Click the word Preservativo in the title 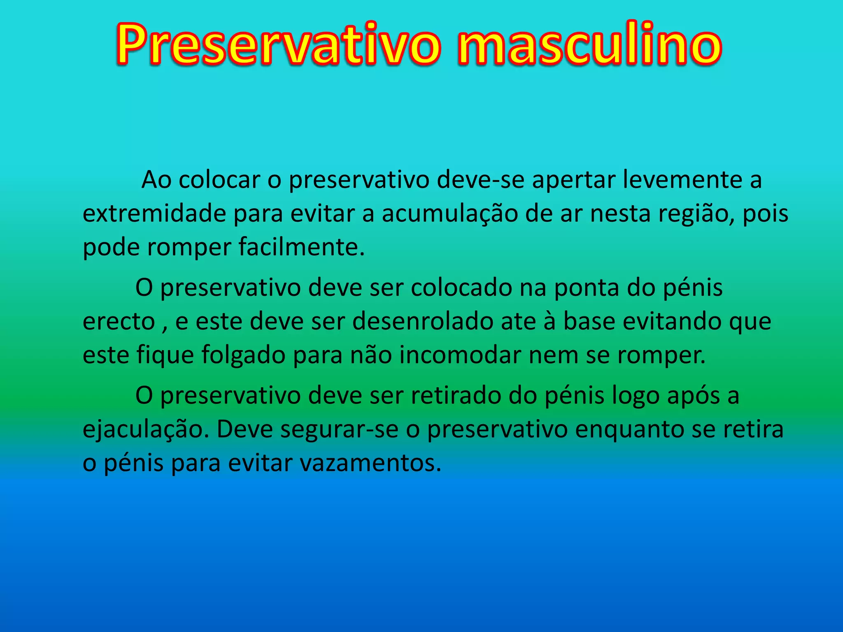coord(278,44)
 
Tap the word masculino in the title coord(589,44)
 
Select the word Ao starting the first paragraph coord(156,180)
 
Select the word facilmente coord(302,247)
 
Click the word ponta coord(586,288)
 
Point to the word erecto coord(119,321)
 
